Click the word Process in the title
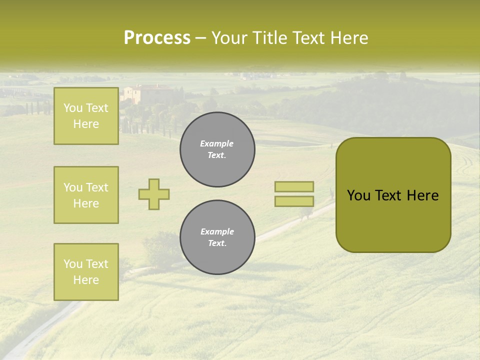(x=157, y=38)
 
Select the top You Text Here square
(x=86, y=116)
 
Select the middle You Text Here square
(x=86, y=195)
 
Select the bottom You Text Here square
(x=86, y=272)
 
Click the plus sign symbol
(x=154, y=194)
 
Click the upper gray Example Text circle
(x=217, y=149)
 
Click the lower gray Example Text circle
(x=217, y=237)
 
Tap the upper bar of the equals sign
(x=294, y=187)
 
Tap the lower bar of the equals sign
(x=294, y=201)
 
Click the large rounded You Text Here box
(x=393, y=195)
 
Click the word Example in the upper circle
(x=217, y=143)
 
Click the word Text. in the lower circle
(x=217, y=243)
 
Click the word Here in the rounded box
(x=422, y=195)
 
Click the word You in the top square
(x=72, y=108)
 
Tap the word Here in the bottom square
(x=86, y=280)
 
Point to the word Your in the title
(x=230, y=38)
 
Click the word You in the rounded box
(x=358, y=195)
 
